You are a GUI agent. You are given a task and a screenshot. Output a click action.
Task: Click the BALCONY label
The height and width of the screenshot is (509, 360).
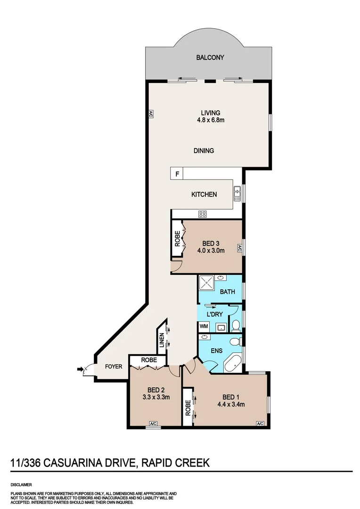coord(210,57)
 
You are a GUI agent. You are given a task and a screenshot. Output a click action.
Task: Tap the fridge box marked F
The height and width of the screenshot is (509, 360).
coord(177,174)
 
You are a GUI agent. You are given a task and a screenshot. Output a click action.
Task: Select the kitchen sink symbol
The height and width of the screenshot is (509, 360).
coord(237,192)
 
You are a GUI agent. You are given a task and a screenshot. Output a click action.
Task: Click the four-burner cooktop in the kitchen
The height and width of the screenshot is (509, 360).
coord(203,214)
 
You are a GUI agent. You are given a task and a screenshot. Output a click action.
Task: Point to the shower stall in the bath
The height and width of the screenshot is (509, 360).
coord(207,283)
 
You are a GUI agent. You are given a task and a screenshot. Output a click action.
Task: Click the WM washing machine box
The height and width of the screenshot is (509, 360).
coord(204,326)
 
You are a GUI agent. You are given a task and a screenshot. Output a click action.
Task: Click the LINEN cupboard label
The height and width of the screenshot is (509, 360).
coord(162,340)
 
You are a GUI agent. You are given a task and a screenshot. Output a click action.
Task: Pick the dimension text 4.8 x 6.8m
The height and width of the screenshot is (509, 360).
coord(210,120)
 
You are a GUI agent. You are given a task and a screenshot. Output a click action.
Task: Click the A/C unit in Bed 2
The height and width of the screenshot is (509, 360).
coord(153,424)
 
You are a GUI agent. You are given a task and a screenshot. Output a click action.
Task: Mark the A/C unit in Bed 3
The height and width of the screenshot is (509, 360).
coord(239,248)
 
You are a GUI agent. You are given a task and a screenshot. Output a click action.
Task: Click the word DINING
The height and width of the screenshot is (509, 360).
coord(204,151)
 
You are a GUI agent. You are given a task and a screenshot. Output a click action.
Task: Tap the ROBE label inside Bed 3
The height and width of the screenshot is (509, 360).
coord(178,239)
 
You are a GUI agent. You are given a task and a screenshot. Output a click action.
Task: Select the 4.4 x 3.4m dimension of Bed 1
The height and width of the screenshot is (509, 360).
coord(230,404)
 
